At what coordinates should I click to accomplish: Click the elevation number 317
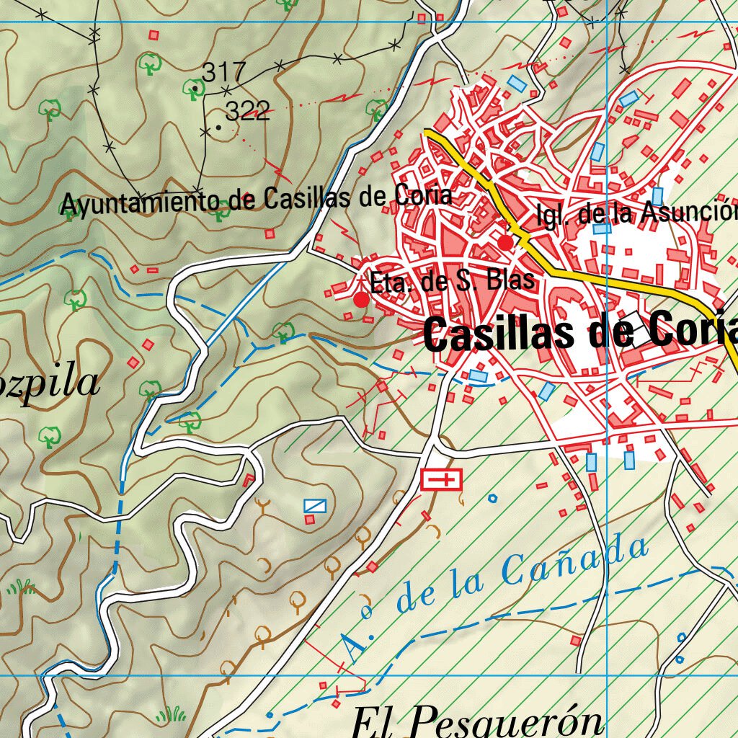(x=223, y=72)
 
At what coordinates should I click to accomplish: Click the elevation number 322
(x=247, y=111)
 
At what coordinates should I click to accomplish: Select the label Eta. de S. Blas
(x=453, y=281)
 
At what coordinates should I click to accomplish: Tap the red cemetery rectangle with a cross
(x=441, y=479)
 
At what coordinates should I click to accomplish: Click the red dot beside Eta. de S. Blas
(x=361, y=299)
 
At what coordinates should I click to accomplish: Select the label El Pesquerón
(x=477, y=721)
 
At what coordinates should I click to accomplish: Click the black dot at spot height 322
(x=218, y=127)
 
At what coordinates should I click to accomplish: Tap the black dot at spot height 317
(x=195, y=89)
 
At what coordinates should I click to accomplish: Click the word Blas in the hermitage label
(x=511, y=280)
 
